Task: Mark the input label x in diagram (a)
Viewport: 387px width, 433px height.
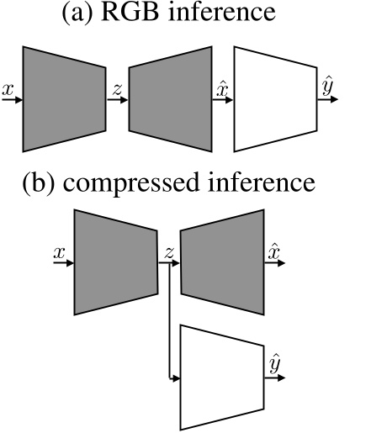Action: coord(8,87)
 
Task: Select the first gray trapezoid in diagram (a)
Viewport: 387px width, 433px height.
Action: coord(65,98)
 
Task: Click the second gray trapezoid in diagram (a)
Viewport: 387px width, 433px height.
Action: coord(171,98)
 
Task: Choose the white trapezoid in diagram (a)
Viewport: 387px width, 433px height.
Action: coord(274,98)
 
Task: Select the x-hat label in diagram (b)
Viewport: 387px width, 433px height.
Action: coord(273,250)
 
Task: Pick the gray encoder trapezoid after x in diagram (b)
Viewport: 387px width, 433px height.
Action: coord(116,262)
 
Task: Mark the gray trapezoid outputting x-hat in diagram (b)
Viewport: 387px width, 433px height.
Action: coord(222,262)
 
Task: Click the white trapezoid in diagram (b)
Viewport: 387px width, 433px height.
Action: coord(222,377)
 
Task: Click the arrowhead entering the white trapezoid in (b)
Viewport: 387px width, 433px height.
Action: coord(177,377)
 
